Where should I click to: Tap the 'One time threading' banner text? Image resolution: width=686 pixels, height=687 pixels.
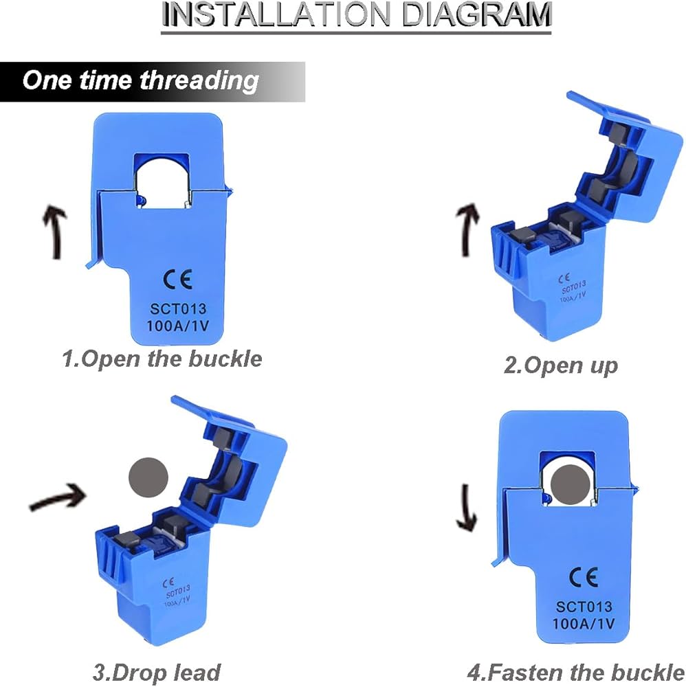pos(140,81)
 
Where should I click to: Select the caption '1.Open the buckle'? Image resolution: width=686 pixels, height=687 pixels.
pos(162,359)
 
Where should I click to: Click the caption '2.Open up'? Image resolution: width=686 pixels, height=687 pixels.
pos(561,366)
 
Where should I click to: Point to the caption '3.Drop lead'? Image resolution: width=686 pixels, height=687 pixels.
pos(157,673)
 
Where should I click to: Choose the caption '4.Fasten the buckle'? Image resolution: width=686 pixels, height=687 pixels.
pos(575,673)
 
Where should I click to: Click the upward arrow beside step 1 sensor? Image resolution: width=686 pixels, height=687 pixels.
pos(56,232)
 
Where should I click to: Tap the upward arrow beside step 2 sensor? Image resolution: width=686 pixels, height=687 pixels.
pos(467,230)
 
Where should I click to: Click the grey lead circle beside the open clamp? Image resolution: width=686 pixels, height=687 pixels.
pos(148,477)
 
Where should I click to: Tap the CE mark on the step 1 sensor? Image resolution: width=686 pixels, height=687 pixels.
pos(177,280)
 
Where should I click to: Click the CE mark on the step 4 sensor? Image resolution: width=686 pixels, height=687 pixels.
pos(584,577)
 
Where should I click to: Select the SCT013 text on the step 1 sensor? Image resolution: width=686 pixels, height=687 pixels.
pos(178,309)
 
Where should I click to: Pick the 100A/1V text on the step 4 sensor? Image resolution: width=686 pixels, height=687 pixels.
pos(584,624)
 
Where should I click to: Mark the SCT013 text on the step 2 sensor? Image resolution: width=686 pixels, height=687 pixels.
pos(573,287)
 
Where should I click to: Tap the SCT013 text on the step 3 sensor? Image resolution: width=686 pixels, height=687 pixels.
pos(178,591)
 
